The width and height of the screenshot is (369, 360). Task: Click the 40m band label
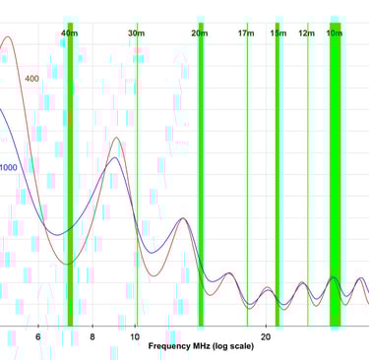tap(69, 33)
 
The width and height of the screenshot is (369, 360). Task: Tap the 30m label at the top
tap(136, 33)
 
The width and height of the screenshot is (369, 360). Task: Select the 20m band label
tap(200, 33)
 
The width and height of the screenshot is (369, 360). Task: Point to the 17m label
tap(246, 33)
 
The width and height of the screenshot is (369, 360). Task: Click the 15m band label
tap(277, 33)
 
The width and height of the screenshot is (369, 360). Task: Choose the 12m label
tap(307, 33)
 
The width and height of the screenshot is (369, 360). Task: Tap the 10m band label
tap(335, 33)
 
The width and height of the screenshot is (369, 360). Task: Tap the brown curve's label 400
tap(32, 79)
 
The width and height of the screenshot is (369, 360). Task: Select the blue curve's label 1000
tap(8, 167)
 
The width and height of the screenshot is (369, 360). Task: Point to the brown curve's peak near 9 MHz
tap(116, 139)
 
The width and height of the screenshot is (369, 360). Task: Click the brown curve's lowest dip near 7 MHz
tap(68, 264)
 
